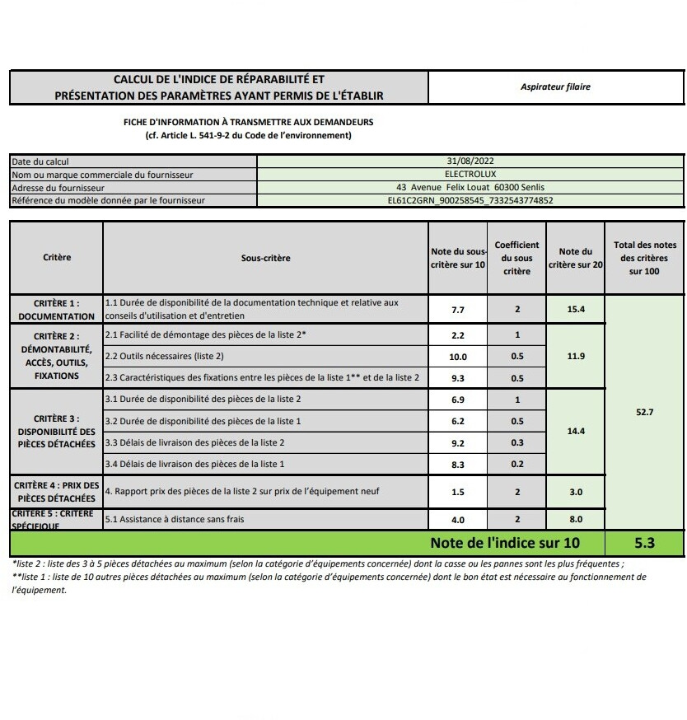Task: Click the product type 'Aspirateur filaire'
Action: click(555, 86)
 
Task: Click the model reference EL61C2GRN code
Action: click(470, 200)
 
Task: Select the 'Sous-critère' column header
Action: click(265, 258)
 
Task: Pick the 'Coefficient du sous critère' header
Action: click(516, 258)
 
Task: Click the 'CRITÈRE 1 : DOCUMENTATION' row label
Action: click(57, 310)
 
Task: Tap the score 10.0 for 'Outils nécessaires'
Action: click(458, 358)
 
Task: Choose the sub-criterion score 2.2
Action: click(458, 336)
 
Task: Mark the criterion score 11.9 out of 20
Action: click(575, 357)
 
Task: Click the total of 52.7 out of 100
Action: click(644, 412)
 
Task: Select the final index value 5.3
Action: click(644, 544)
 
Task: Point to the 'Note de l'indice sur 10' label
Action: click(504, 543)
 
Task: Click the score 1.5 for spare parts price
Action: click(458, 493)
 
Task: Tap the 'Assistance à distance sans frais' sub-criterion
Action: click(175, 520)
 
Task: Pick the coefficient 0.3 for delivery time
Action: click(516, 443)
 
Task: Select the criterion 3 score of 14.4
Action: click(575, 432)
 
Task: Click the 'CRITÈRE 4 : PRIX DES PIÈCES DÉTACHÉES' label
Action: click(57, 492)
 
